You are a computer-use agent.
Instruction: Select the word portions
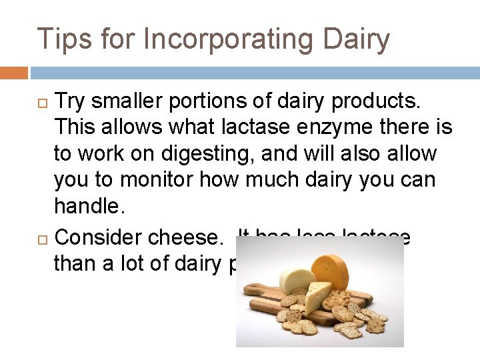tap(207, 102)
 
